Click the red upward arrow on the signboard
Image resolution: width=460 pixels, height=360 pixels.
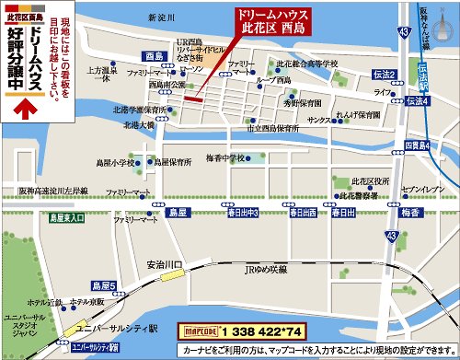pyautogui.click(x=27, y=105)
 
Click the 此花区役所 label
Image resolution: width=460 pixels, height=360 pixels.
pyautogui.click(x=368, y=182)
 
